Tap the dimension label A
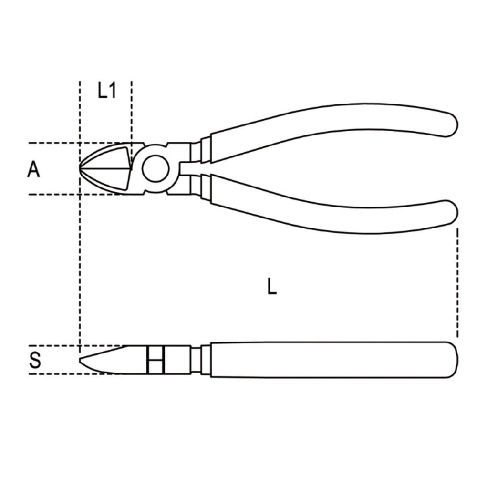33,169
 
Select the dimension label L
271,286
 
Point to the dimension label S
35,360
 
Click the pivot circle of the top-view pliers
155,169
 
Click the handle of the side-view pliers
329,360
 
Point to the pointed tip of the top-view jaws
81,168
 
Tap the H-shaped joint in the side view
156,360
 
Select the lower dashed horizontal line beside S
72,373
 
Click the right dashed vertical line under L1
132,110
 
